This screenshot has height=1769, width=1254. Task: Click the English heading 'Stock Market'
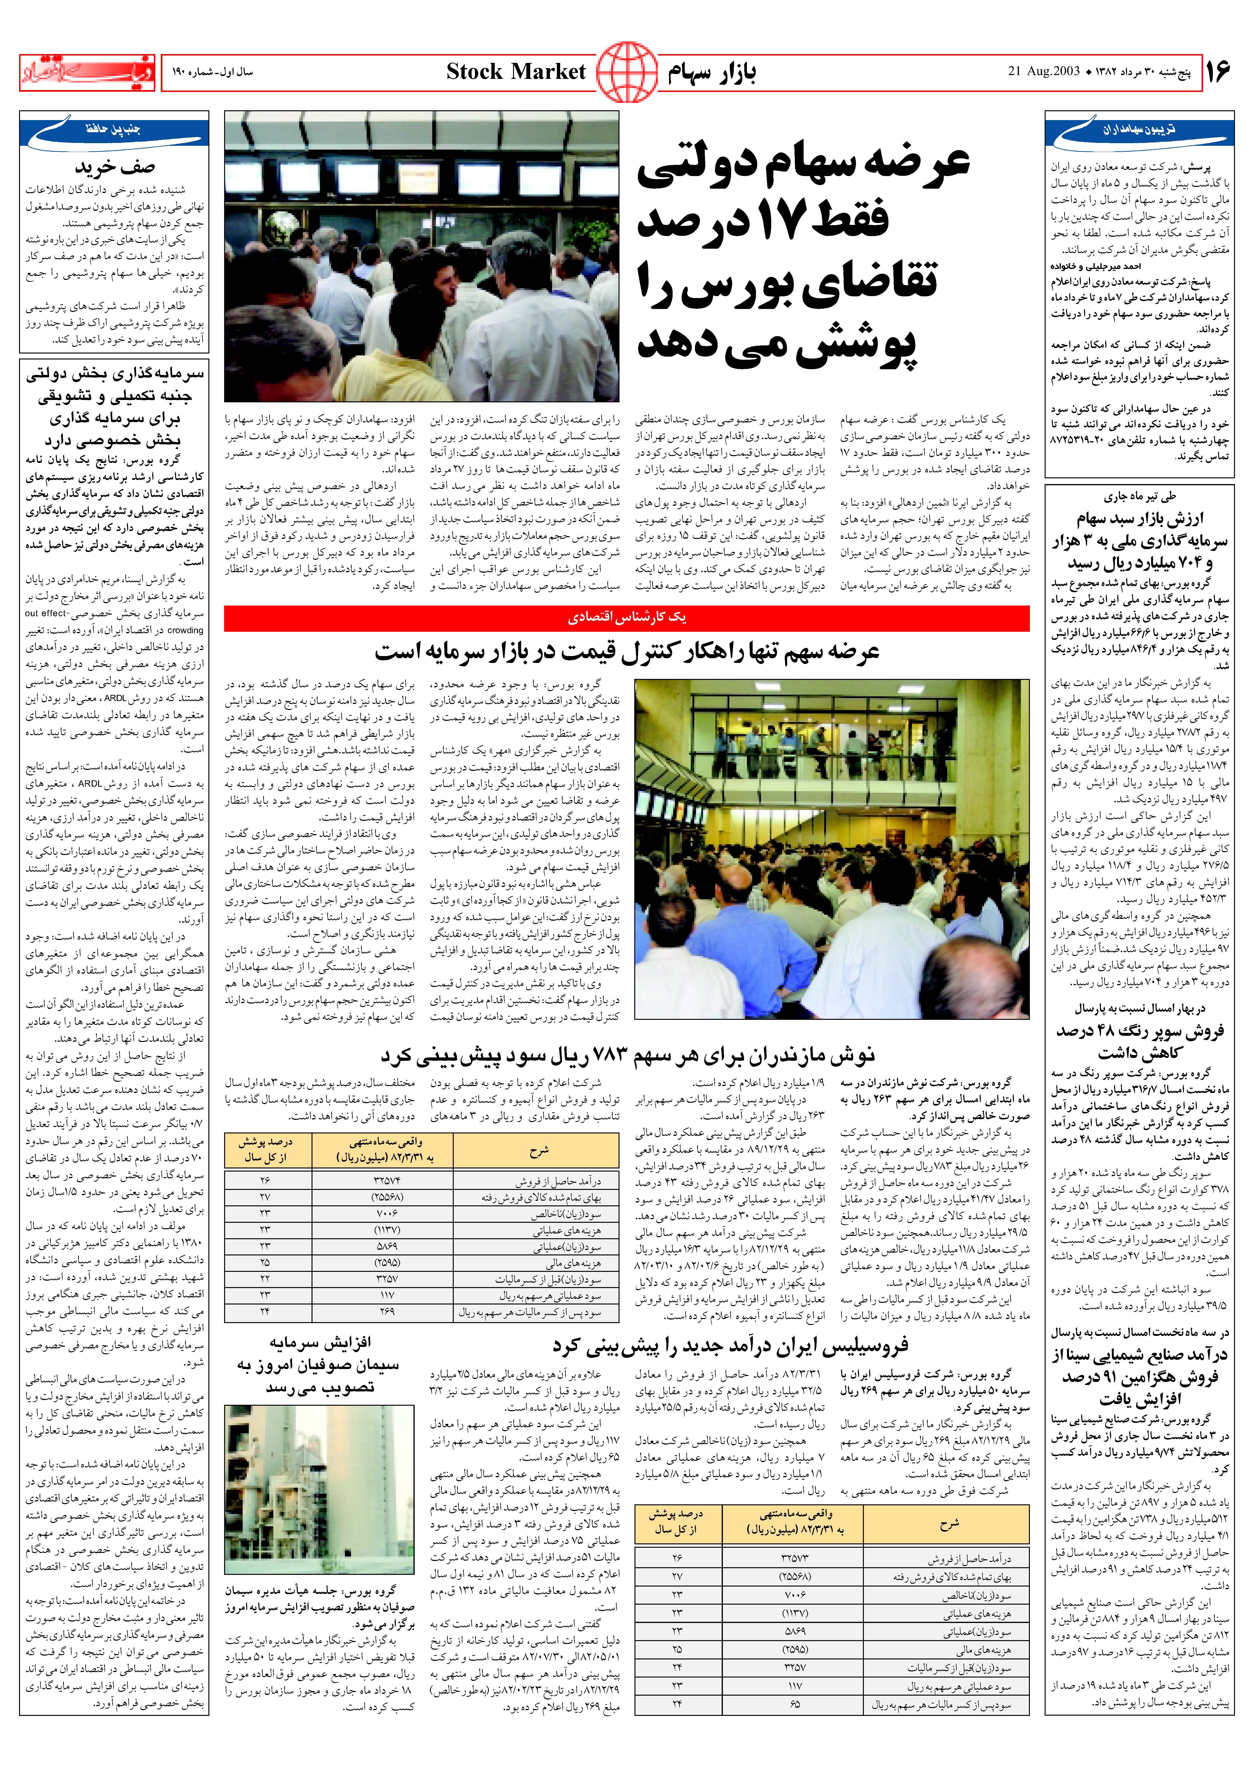516,73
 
